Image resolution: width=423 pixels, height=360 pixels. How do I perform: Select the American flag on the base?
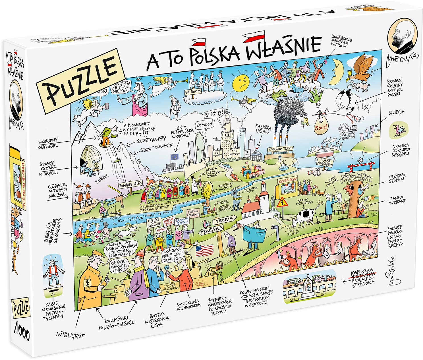coord(204,250)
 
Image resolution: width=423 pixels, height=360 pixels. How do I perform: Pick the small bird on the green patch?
coord(399,130)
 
